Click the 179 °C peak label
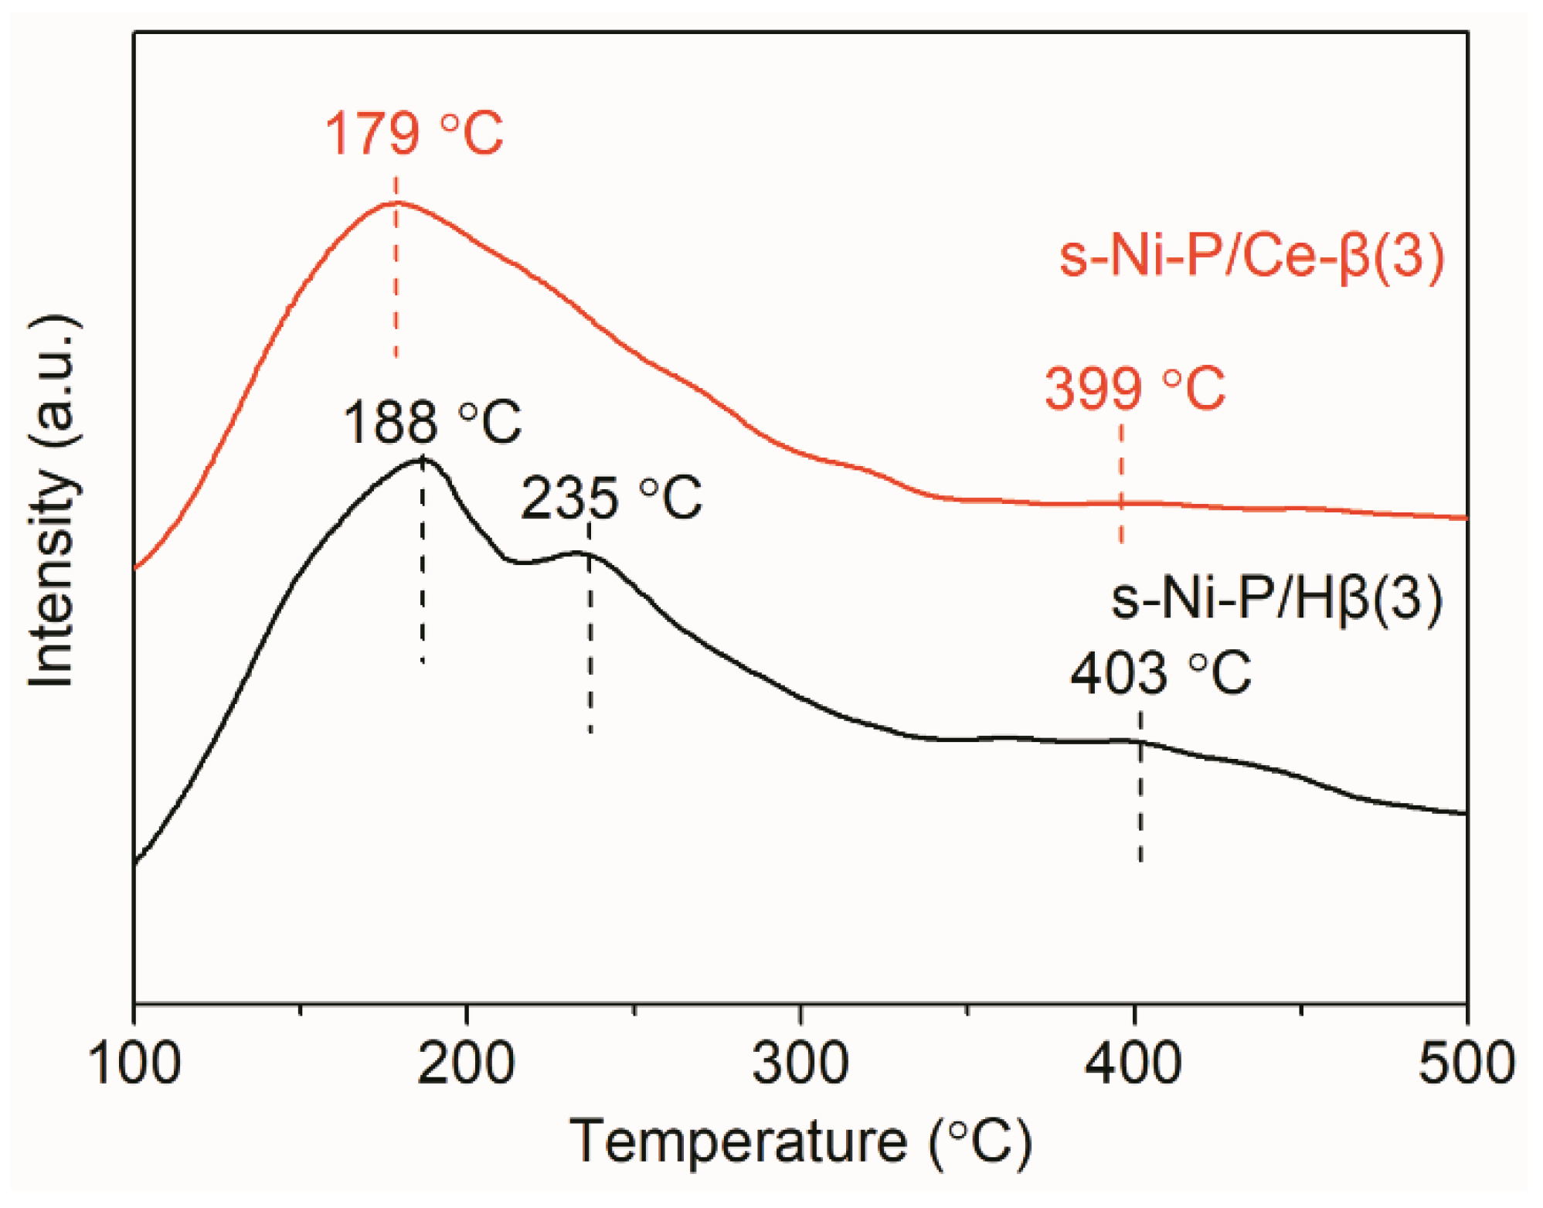(x=413, y=134)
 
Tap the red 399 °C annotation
(x=1134, y=388)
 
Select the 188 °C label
(x=432, y=423)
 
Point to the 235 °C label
(x=611, y=498)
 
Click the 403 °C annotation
(x=1160, y=673)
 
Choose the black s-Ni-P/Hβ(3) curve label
(x=1276, y=599)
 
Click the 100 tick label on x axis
(x=134, y=1064)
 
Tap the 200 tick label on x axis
(x=467, y=1064)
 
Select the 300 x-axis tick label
(x=800, y=1064)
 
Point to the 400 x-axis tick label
(x=1133, y=1064)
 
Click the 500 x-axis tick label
(x=1465, y=1064)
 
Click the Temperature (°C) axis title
(x=800, y=1142)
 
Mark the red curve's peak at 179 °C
(x=396, y=202)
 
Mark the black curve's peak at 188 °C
(x=423, y=459)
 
